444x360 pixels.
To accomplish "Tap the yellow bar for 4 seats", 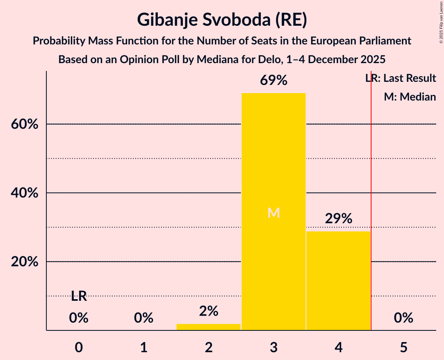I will point(338,281).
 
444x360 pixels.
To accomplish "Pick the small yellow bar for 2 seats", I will point(209,327).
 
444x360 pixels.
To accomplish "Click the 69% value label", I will point(274,81).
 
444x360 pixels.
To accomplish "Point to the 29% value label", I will point(338,219).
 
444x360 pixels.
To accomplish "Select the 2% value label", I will point(209,311).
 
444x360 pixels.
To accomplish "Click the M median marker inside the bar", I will point(274,213).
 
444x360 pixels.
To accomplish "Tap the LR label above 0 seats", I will point(79,296).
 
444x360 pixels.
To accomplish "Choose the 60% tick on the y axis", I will point(25,124).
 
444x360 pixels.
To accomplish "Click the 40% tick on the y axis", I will point(25,193).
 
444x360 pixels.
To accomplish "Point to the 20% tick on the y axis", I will point(25,262).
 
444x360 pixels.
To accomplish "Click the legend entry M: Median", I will point(410,97).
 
